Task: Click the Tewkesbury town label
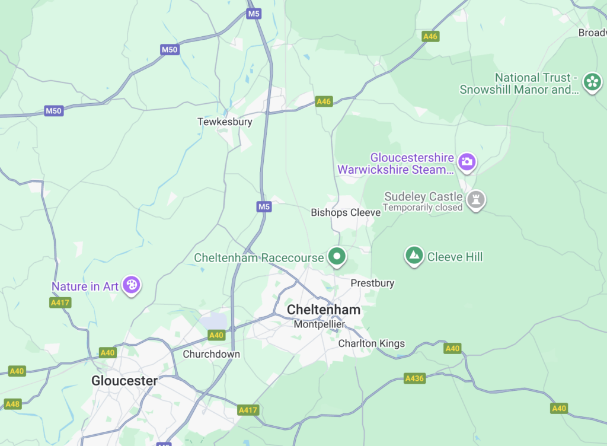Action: click(225, 122)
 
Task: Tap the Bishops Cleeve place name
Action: click(346, 212)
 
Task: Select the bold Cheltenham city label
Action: click(323, 310)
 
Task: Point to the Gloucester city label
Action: click(124, 381)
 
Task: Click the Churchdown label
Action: click(212, 354)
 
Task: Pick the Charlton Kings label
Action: click(371, 343)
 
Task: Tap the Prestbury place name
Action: click(372, 283)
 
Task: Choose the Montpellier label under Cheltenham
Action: click(320, 324)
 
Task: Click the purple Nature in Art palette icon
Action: click(132, 285)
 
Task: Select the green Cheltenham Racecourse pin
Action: click(337, 256)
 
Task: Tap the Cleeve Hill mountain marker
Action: click(414, 256)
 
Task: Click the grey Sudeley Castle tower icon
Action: click(475, 199)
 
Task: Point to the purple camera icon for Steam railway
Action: click(467, 161)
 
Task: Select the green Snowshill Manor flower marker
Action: click(592, 81)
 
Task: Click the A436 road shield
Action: click(414, 378)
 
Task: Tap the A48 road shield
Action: click(12, 404)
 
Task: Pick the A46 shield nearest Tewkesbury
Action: click(324, 101)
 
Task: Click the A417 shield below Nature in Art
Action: click(60, 302)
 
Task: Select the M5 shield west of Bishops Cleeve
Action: click(264, 206)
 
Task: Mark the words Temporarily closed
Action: click(423, 208)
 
